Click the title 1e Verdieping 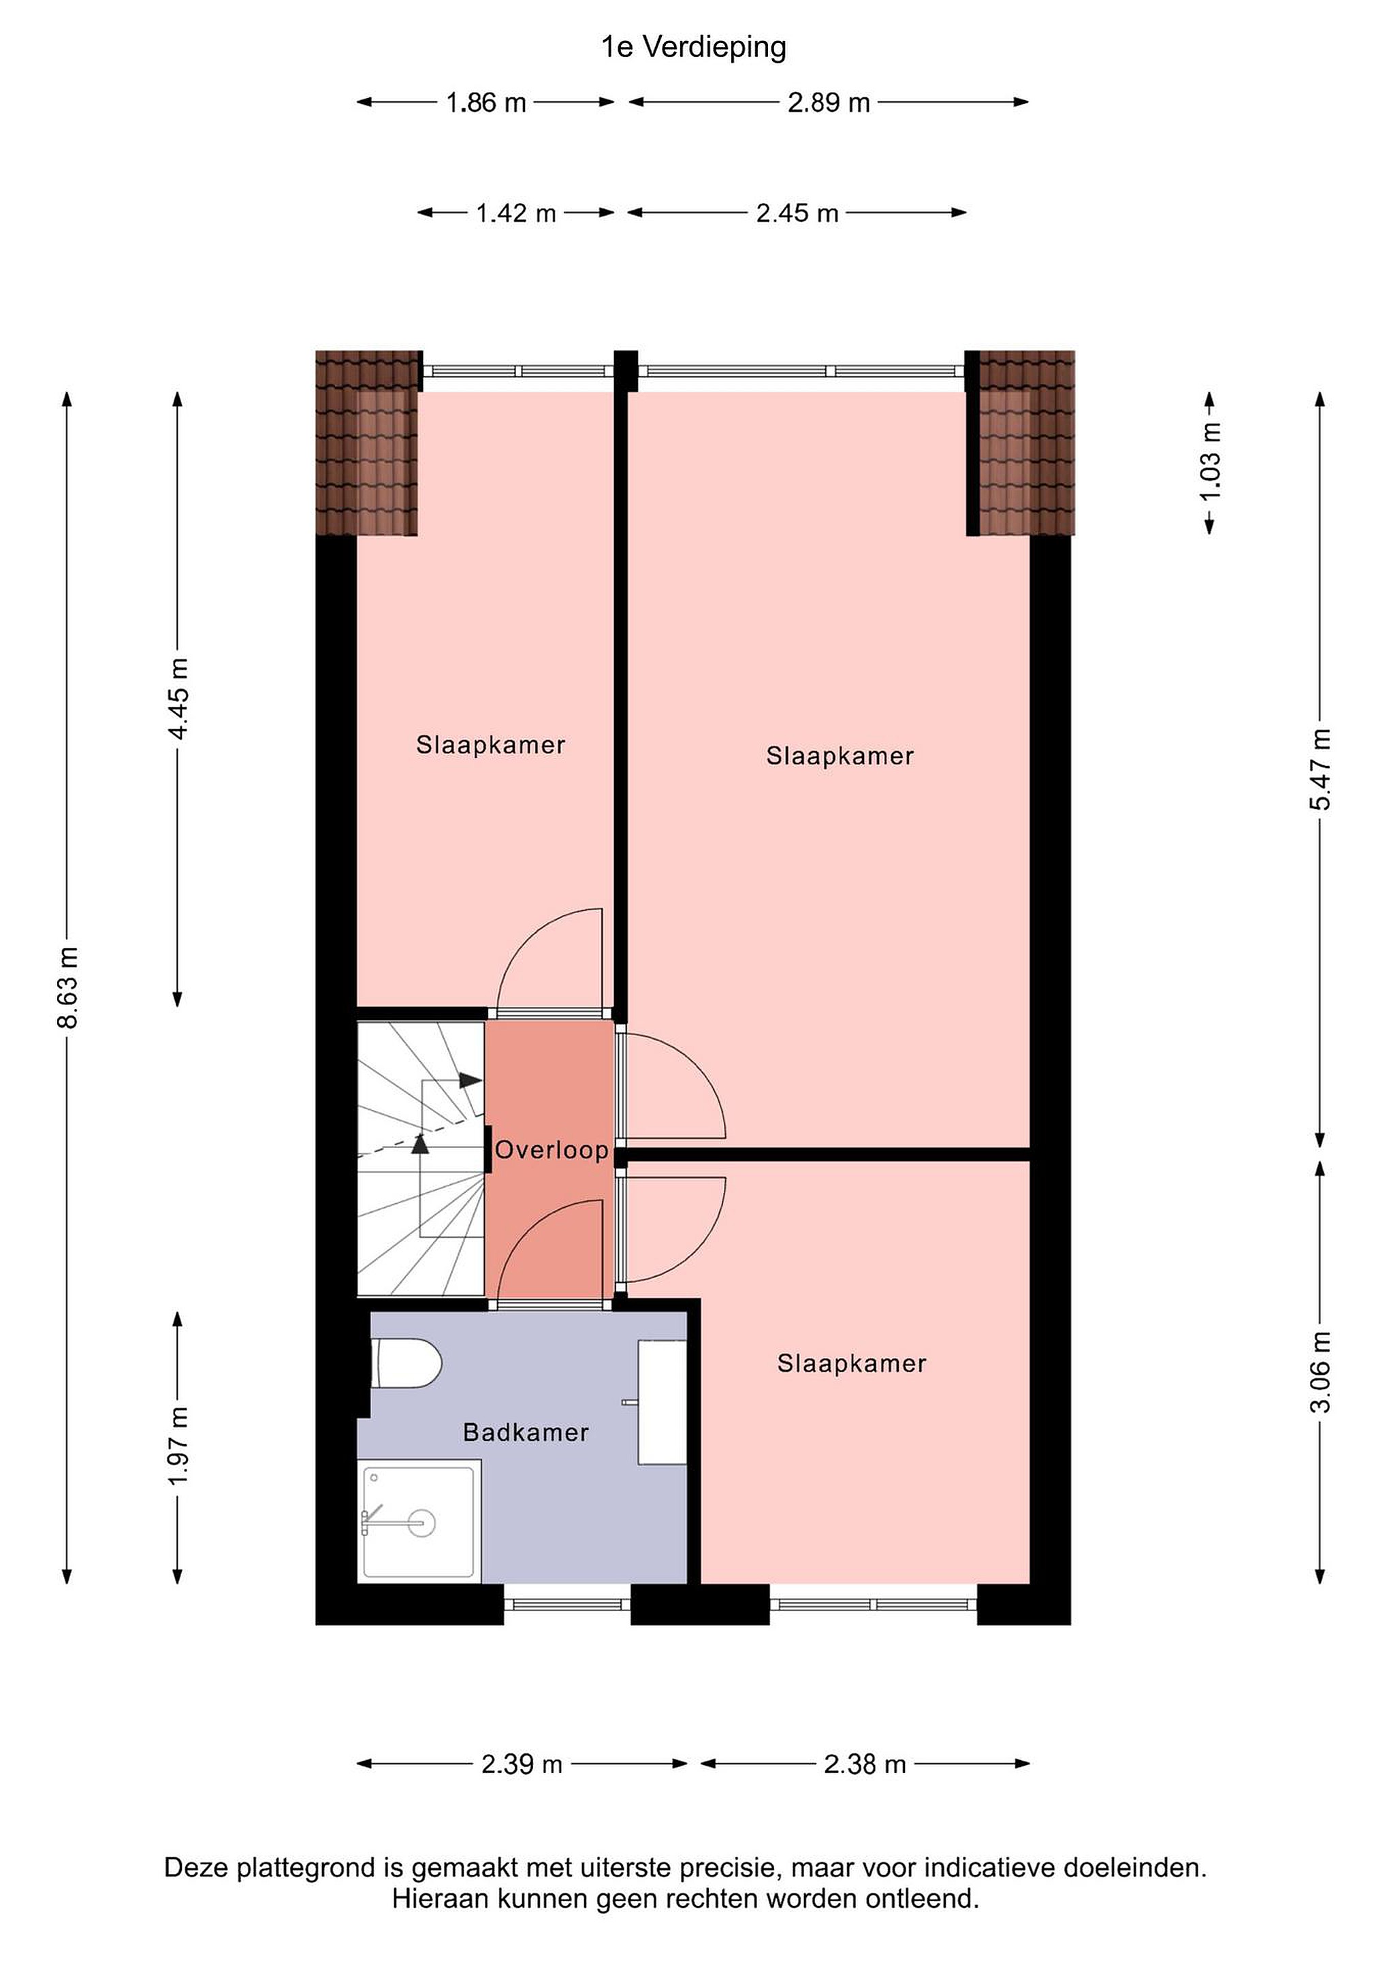693,47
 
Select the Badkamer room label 526,1433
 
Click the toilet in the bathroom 406,1363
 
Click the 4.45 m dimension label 178,699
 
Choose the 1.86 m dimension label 486,103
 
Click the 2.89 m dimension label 829,103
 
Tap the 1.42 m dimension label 516,212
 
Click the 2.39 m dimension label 522,1764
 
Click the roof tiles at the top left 369,443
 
